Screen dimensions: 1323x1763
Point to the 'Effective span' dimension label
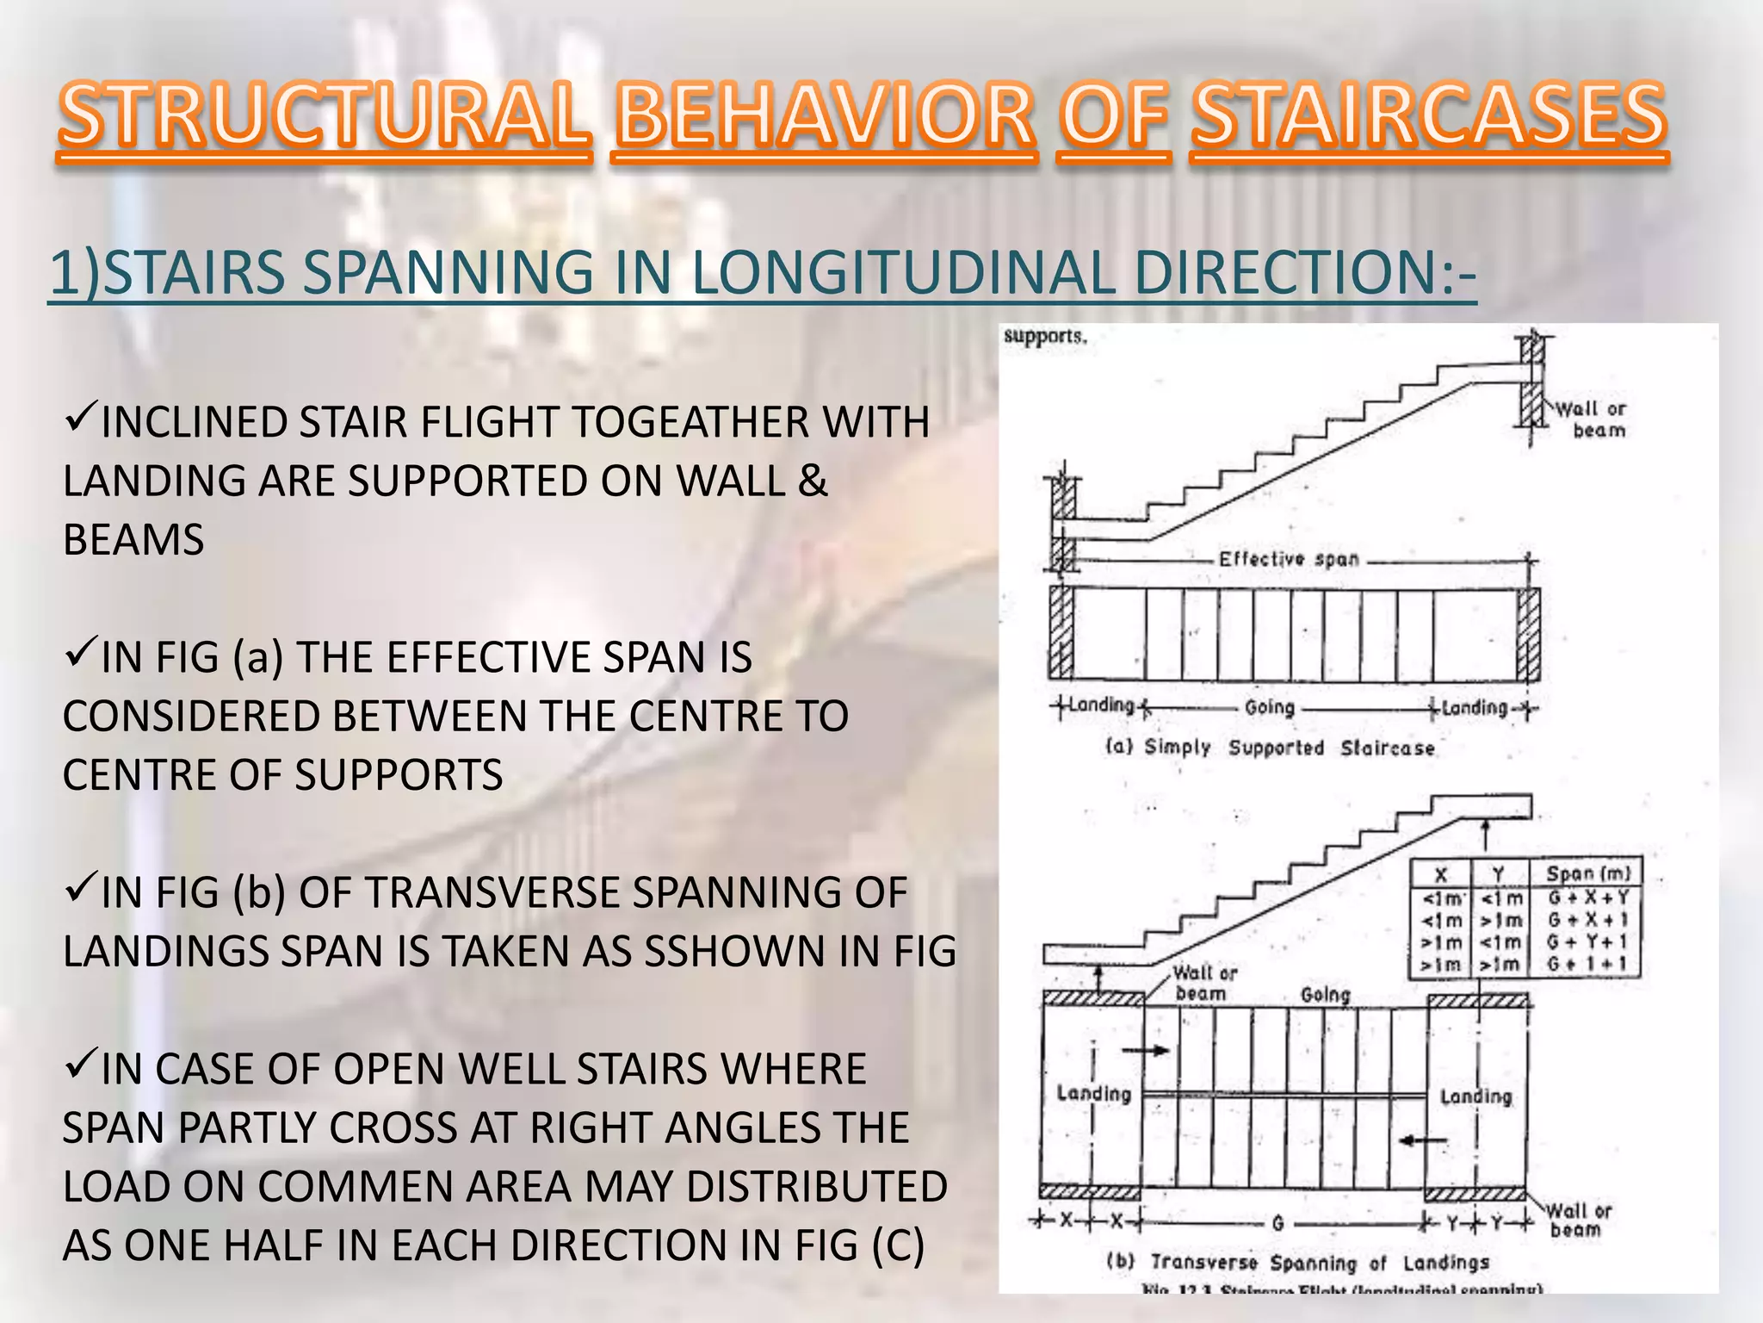click(1289, 560)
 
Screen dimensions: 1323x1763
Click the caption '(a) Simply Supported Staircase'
click(1271, 748)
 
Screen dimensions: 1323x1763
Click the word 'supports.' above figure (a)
click(1045, 337)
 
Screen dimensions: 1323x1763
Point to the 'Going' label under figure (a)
click(1270, 708)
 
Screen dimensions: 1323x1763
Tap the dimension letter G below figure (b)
click(1278, 1223)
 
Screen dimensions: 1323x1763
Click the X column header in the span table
click(1441, 873)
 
